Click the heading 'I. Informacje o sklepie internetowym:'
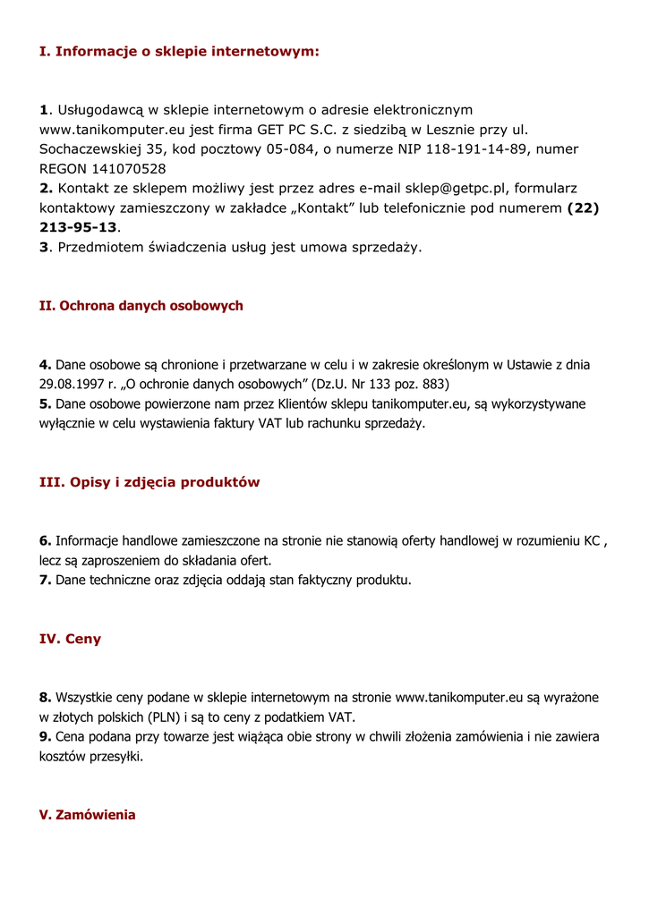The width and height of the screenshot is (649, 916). click(179, 51)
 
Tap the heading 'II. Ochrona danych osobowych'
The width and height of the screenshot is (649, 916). click(141, 306)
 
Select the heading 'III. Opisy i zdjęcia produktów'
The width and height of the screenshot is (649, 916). click(149, 482)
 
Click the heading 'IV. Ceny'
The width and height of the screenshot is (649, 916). click(70, 640)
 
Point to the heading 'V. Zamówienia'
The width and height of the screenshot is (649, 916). click(88, 815)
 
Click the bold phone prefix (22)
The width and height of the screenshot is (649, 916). click(584, 208)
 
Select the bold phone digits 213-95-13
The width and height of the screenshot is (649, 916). click(78, 228)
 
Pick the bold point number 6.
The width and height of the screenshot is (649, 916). click(45, 541)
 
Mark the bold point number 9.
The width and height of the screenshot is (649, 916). click(45, 737)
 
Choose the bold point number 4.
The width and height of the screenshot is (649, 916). click(45, 365)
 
